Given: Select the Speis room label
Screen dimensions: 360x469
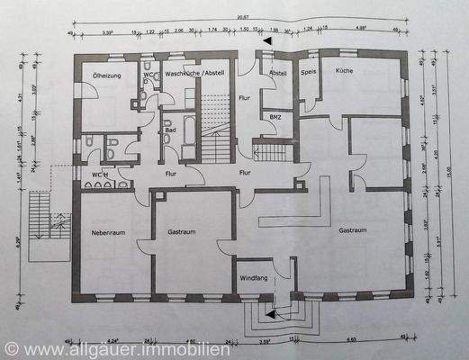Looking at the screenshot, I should pos(307,71).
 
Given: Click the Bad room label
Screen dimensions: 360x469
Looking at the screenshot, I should pos(169,130).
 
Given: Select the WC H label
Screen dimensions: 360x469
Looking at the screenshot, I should pos(100,173).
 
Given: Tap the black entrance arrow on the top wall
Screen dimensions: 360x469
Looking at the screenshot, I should pos(265,41).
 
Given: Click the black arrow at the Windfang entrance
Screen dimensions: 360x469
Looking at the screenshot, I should pos(269,313).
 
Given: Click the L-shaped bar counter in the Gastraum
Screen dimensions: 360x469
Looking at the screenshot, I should pos(311,207).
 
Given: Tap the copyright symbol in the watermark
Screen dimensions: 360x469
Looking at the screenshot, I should pos(11,347).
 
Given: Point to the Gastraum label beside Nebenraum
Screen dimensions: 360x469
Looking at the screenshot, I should pos(183,232).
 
